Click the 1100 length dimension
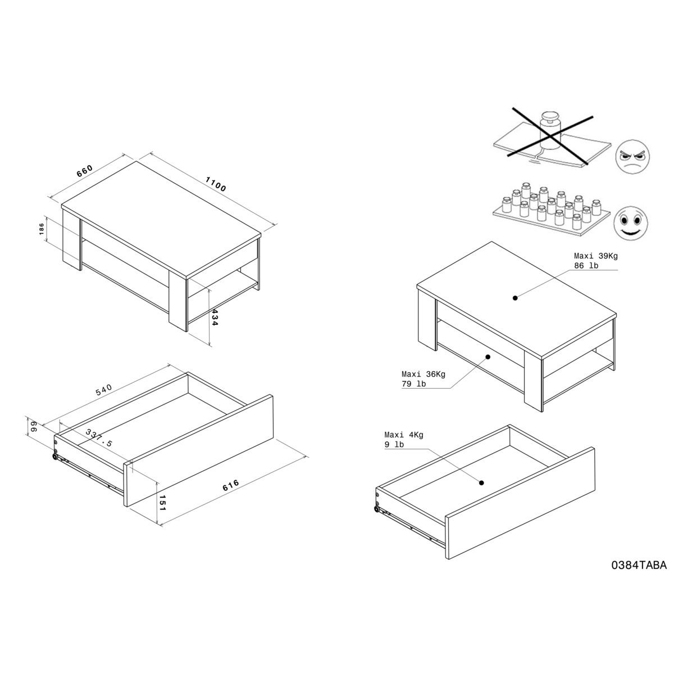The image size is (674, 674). tap(216, 184)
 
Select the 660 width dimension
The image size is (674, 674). tap(85, 171)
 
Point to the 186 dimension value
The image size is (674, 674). tap(42, 229)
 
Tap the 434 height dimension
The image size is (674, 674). tap(215, 317)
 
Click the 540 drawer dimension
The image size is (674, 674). tap(104, 390)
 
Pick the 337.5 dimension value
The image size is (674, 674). tap(99, 438)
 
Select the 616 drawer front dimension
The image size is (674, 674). tap(231, 485)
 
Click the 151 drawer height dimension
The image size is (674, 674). tap(162, 503)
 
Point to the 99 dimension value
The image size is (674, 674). tap(34, 427)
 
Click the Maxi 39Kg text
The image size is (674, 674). tap(596, 256)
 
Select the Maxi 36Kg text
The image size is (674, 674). tap(423, 374)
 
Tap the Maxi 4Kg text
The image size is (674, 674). tap(404, 435)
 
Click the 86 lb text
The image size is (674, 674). tap(586, 266)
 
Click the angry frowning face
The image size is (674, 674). tap(632, 156)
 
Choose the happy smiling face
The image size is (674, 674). tap(631, 223)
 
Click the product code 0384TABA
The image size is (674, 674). tap(639, 566)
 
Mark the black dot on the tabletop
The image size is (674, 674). tap(515, 298)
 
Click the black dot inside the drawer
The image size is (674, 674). tap(481, 482)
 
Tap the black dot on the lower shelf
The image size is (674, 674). tap(488, 357)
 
